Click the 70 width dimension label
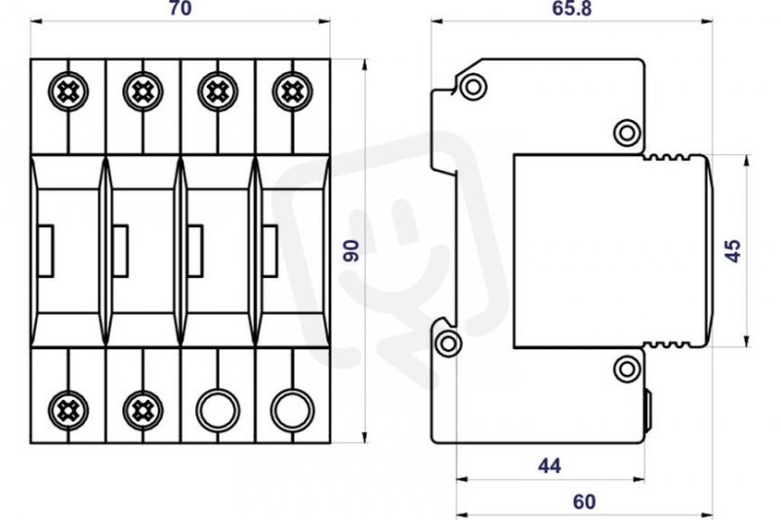coord(180,9)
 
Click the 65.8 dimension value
coord(572,9)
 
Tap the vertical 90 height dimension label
coord(351,251)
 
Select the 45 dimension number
coord(733,251)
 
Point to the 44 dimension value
coord(550,465)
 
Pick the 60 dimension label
coord(584,502)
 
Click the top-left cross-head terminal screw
coord(68,92)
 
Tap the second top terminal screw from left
coord(143,92)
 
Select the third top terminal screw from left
coord(218,92)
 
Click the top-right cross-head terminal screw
coord(292,92)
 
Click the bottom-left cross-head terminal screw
coord(68,411)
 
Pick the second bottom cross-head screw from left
coord(143,411)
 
